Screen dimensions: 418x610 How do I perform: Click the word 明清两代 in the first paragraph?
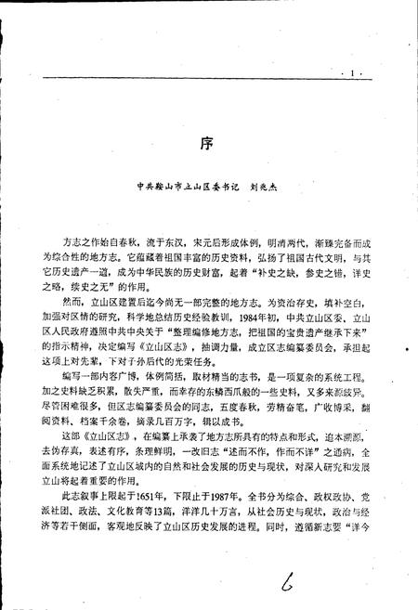(279, 240)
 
